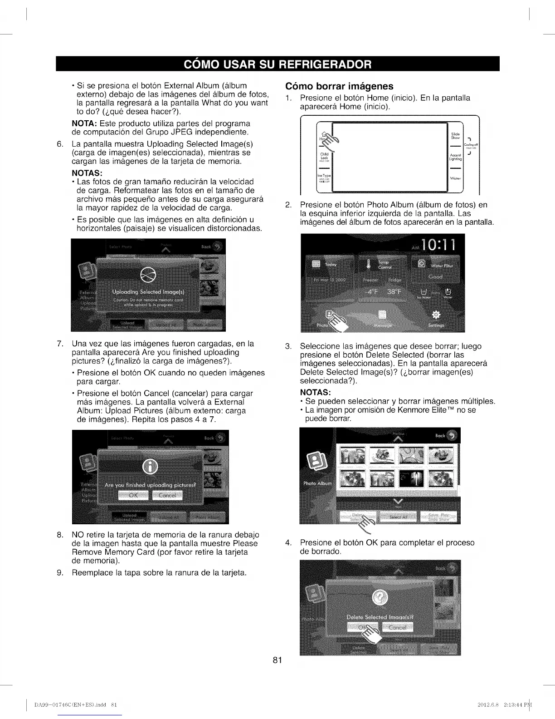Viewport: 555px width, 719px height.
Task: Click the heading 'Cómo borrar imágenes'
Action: (x=339, y=86)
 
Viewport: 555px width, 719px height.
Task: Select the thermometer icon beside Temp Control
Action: (x=369, y=264)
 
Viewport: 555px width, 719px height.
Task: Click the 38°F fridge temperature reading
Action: (x=394, y=292)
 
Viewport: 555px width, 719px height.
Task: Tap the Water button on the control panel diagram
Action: (x=455, y=178)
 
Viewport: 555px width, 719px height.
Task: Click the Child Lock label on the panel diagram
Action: (x=324, y=156)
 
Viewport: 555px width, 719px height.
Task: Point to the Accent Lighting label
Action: (x=455, y=157)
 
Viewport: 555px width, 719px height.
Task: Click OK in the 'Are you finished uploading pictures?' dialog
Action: (x=133, y=495)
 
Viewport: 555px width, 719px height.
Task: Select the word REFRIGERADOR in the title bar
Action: (x=324, y=64)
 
